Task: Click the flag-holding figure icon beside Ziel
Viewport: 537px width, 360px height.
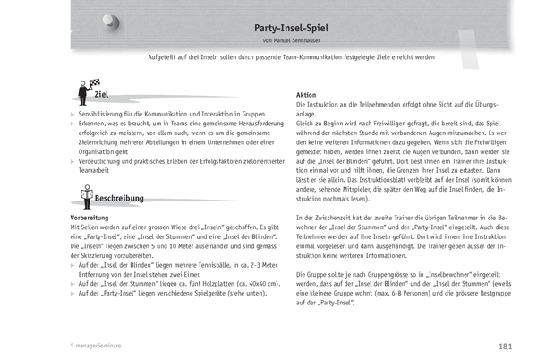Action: [x=83, y=92]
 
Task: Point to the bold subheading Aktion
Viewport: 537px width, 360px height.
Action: [x=306, y=96]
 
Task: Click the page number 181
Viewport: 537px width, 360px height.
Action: [x=506, y=347]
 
